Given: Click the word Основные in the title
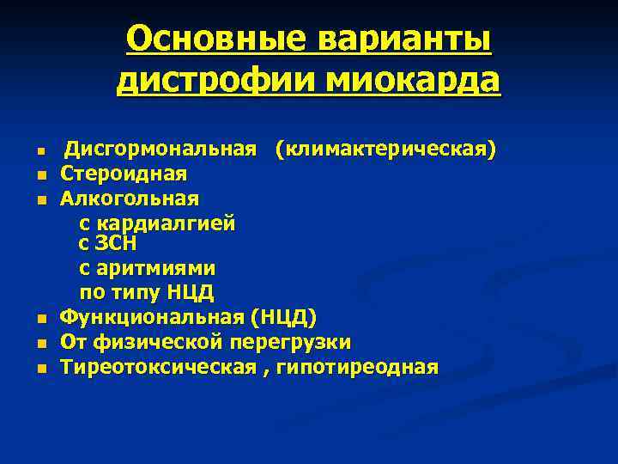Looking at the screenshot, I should coord(217,40).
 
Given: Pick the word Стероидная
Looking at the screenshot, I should coord(124,174).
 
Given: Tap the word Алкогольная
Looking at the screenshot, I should coord(130,198).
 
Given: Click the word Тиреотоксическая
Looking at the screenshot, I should coord(158,368).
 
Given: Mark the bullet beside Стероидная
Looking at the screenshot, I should coord(40,175).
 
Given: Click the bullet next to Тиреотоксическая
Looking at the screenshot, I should coord(40,369).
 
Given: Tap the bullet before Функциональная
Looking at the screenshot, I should coord(40,320).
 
